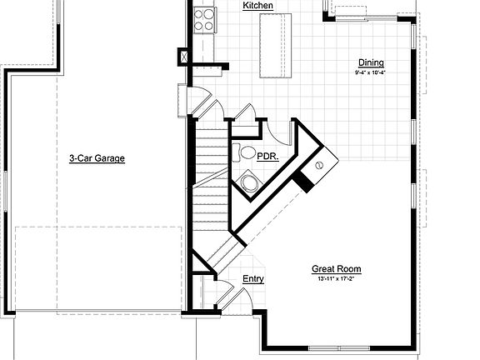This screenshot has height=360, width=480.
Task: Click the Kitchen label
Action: [x=258, y=6]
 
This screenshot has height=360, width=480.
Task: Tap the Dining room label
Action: [x=371, y=62]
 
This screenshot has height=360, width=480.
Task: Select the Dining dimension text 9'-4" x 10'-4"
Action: [x=370, y=73]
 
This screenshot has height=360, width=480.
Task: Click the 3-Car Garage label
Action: [x=97, y=157]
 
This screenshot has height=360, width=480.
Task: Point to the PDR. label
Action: [x=267, y=156]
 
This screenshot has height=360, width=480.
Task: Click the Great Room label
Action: [x=337, y=268]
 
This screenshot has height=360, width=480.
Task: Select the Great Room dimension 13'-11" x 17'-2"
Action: [x=337, y=279]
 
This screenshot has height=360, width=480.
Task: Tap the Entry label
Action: [x=253, y=279]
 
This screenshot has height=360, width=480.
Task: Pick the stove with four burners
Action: [x=204, y=19]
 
